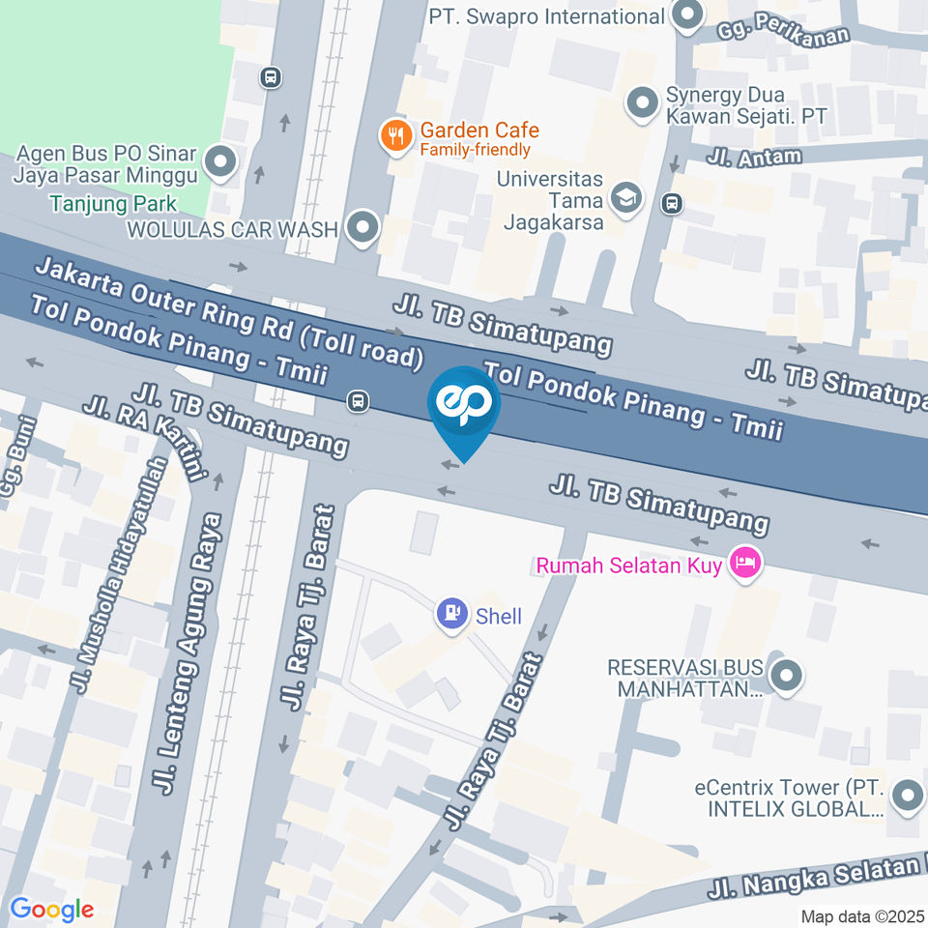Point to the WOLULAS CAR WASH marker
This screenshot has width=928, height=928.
[363, 229]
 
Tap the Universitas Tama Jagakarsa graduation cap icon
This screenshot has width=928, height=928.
[627, 198]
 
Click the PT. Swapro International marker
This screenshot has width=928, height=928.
[688, 16]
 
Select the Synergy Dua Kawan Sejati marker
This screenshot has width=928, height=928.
[641, 104]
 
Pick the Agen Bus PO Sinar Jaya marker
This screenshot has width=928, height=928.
[219, 163]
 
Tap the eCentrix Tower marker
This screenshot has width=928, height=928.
[907, 797]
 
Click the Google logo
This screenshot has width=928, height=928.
[51, 909]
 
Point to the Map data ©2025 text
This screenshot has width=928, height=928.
[861, 915]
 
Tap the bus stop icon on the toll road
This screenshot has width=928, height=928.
[358, 400]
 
